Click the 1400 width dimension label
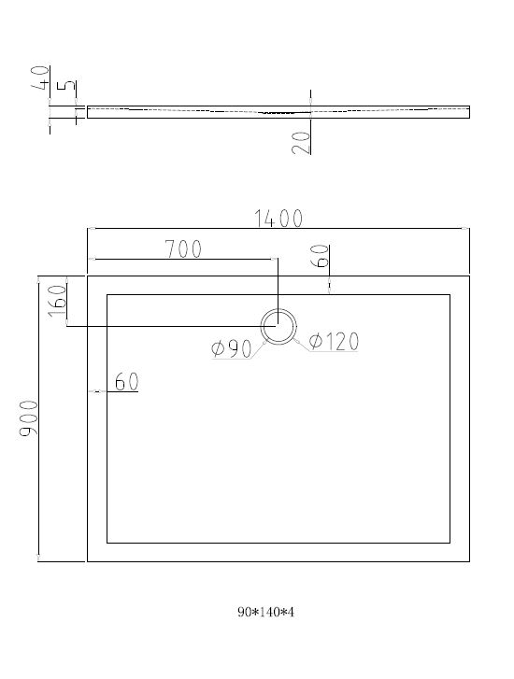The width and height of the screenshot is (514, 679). tap(278, 219)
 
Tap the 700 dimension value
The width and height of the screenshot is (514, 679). tap(183, 249)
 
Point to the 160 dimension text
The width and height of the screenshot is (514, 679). tap(58, 301)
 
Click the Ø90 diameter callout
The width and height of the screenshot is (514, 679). tap(232, 348)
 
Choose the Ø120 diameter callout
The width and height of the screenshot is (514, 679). tap(334, 341)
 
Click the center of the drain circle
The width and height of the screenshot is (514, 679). tap(278, 327)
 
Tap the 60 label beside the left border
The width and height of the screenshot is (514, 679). tap(126, 381)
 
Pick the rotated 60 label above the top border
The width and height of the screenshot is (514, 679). tap(320, 256)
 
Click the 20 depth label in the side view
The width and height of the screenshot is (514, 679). tap(301, 143)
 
